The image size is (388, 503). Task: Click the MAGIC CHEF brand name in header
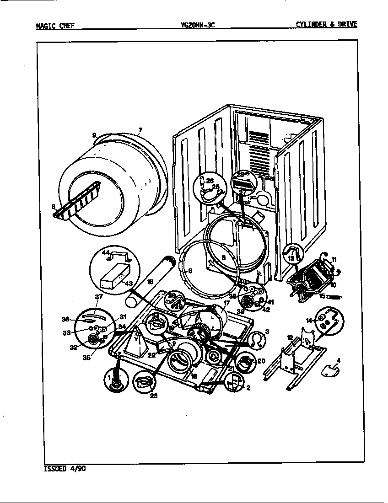click(x=54, y=26)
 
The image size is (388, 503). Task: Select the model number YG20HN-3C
click(x=197, y=26)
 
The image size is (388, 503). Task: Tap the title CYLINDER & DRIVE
click(x=326, y=25)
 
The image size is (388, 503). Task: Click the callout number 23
click(x=154, y=396)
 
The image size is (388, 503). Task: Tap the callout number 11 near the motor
click(x=334, y=260)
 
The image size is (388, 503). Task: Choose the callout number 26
click(x=210, y=181)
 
